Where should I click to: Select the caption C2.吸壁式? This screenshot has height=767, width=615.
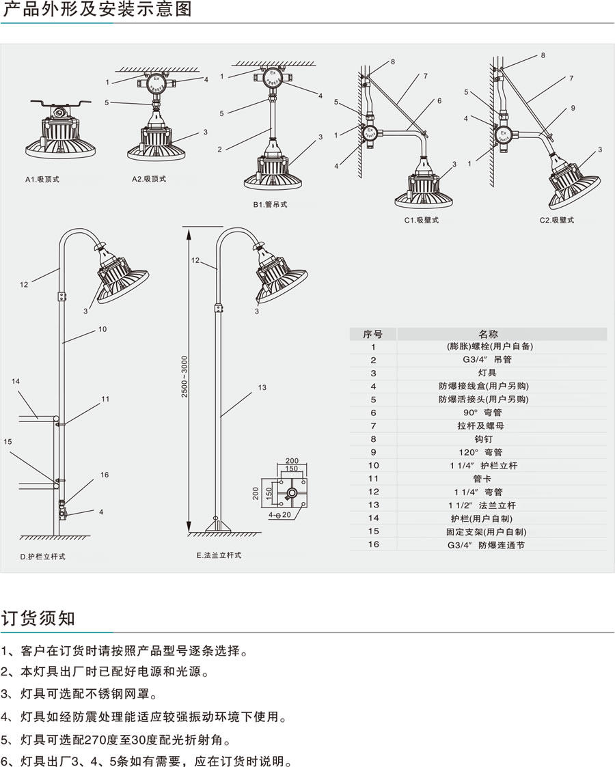(556, 220)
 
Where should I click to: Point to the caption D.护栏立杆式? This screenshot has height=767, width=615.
(42, 557)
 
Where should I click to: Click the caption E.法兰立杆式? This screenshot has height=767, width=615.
(218, 555)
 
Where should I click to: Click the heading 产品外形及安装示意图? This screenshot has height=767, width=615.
(98, 11)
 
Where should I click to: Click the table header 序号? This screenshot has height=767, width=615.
(373, 334)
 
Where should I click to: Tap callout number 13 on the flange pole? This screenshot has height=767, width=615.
(262, 388)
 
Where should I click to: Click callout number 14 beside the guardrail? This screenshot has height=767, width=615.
(16, 381)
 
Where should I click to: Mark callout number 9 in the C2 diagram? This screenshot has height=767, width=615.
(573, 108)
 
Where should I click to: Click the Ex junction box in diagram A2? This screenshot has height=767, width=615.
(156, 81)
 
